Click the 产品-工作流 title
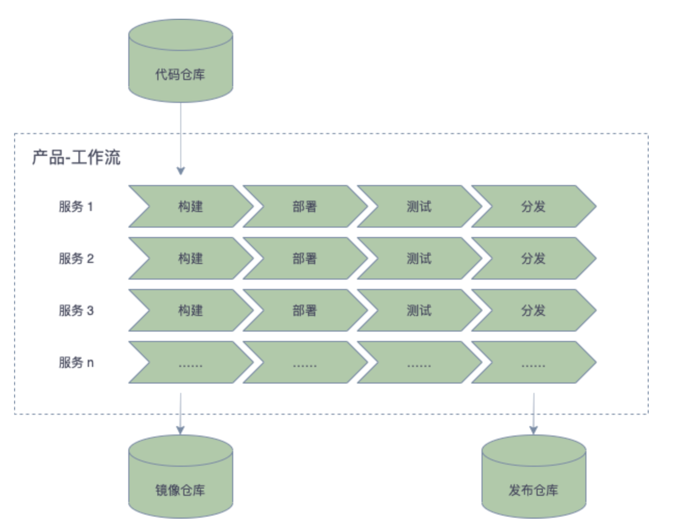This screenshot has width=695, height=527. click(x=76, y=157)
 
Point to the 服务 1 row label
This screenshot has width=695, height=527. click(x=76, y=206)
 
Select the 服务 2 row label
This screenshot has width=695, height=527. click(x=76, y=258)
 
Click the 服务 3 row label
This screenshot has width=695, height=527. click(x=76, y=310)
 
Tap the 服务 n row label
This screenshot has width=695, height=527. click(x=76, y=362)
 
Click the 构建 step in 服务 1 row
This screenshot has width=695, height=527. click(x=190, y=206)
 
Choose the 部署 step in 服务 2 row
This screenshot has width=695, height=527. click(x=304, y=258)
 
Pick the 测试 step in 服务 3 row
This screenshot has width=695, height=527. click(x=419, y=310)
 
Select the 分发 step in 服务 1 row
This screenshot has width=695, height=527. click(x=533, y=206)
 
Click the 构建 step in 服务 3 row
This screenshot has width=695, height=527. click(x=190, y=310)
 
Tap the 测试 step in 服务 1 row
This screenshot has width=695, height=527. click(x=419, y=206)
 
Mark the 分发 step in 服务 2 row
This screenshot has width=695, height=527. click(x=533, y=258)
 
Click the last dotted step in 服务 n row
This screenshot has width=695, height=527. click(x=533, y=362)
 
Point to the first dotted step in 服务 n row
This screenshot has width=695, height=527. click(x=190, y=362)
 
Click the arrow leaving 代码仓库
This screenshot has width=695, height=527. click(x=180, y=138)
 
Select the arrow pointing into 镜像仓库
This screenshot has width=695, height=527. click(x=180, y=414)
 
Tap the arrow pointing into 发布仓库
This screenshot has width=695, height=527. click(x=533, y=414)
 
